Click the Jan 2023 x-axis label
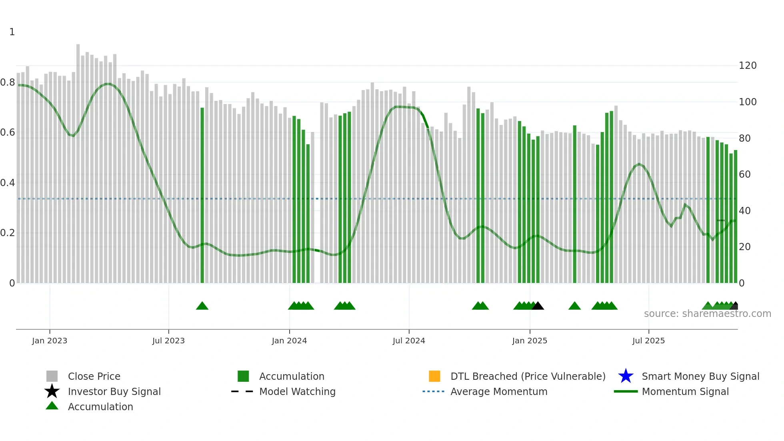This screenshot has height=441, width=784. (x=50, y=341)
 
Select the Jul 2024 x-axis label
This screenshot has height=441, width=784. (x=409, y=341)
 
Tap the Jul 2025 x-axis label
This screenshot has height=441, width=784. (x=648, y=341)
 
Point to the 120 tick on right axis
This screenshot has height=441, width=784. (x=748, y=66)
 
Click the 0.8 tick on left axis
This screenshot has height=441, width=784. (x=8, y=82)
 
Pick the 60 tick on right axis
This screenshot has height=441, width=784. (x=745, y=174)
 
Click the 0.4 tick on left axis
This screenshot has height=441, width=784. (x=8, y=183)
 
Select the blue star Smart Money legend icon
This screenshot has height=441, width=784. (x=626, y=376)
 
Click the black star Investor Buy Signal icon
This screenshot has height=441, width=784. (x=52, y=391)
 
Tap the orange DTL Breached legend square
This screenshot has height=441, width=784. (x=434, y=376)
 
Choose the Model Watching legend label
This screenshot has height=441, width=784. (x=297, y=391)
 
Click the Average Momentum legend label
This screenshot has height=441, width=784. (x=499, y=391)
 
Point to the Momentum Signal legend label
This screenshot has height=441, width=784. (x=685, y=391)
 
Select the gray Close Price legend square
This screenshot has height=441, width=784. (x=52, y=376)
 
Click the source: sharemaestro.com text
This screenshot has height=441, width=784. (x=707, y=314)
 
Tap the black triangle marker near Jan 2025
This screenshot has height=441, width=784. (x=538, y=306)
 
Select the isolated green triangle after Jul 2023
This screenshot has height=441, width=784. (x=202, y=306)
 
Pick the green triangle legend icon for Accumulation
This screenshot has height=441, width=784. (x=52, y=406)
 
